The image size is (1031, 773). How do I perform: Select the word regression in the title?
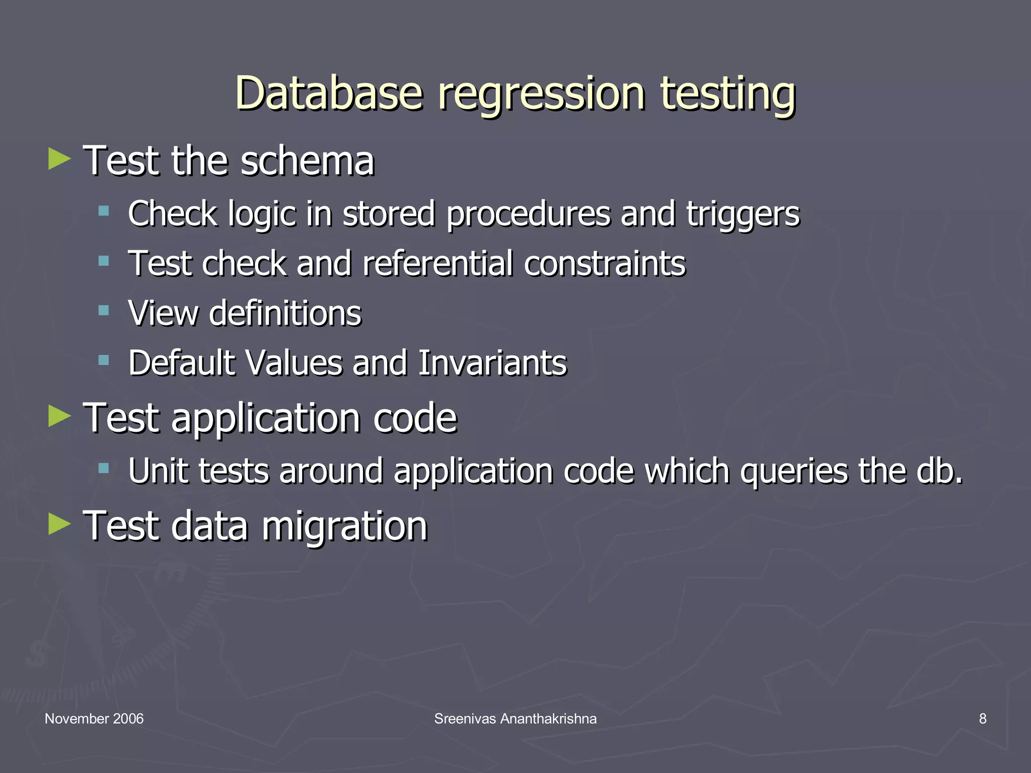[x=541, y=95]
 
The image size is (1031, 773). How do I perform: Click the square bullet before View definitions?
[x=104, y=310]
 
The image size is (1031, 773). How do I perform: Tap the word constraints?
[x=605, y=263]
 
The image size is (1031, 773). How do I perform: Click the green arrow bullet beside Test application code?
[x=59, y=417]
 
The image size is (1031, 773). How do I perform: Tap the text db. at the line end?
[x=939, y=471]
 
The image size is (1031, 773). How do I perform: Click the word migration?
[x=344, y=526]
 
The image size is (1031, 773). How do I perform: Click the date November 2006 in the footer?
[x=94, y=719]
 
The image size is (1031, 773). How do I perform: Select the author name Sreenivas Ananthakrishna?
[x=515, y=719]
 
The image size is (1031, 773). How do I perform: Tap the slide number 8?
[x=983, y=719]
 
